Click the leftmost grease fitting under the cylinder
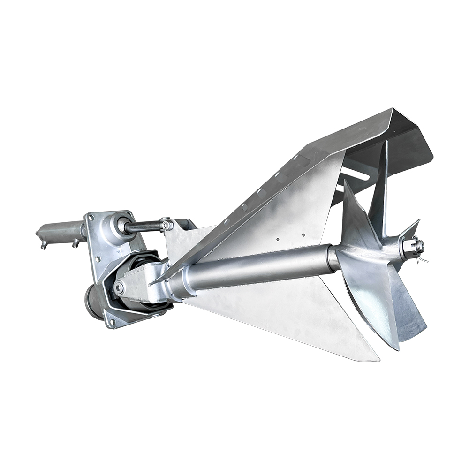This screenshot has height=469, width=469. (44, 245)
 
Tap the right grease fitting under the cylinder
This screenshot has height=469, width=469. (75, 243)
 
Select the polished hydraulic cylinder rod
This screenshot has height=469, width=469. (143, 227)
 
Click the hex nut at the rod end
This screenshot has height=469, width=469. (165, 225)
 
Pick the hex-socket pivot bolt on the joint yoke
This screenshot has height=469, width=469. (119, 288)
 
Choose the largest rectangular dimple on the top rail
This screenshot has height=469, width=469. (300, 162)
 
